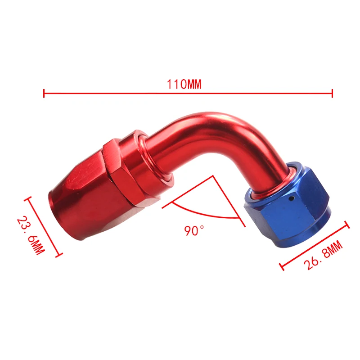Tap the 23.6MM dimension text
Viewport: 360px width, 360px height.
coord(31,235)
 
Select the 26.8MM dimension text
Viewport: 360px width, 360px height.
coord(323,256)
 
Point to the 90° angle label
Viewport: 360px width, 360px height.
coord(194,230)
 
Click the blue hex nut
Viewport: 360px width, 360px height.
coord(288,202)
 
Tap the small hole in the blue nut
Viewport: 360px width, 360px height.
coord(292,198)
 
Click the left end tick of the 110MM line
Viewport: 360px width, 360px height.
coord(44,93)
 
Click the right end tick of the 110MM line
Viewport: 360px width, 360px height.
coord(332,93)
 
